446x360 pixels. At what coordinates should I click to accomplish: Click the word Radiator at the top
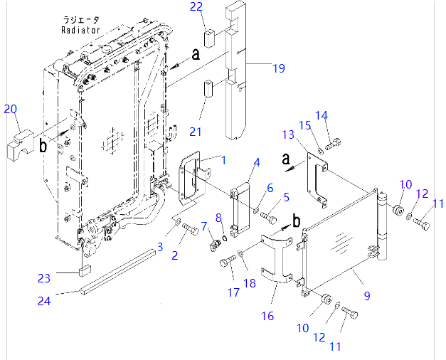click(80, 31)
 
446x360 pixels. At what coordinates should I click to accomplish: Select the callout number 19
click(278, 68)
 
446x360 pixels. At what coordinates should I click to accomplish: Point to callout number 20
click(10, 109)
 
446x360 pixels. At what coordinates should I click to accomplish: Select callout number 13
click(287, 134)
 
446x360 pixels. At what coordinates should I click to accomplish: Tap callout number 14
click(322, 115)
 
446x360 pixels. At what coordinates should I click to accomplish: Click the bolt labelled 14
click(336, 141)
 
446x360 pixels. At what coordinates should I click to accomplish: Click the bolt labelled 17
click(228, 263)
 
